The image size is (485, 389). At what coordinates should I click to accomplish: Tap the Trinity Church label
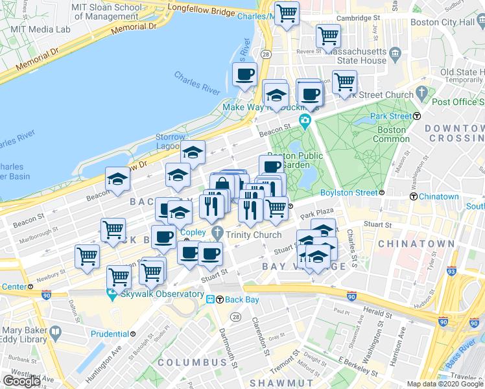click(254, 235)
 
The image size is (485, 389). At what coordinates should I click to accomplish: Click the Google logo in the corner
click(21, 381)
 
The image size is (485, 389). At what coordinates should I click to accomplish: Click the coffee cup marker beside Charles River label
click(244, 75)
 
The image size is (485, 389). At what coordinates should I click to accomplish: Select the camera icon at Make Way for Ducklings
click(305, 121)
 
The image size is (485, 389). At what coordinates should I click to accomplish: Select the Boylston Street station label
click(349, 193)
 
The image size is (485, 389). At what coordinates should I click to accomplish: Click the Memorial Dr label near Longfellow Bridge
click(134, 28)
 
